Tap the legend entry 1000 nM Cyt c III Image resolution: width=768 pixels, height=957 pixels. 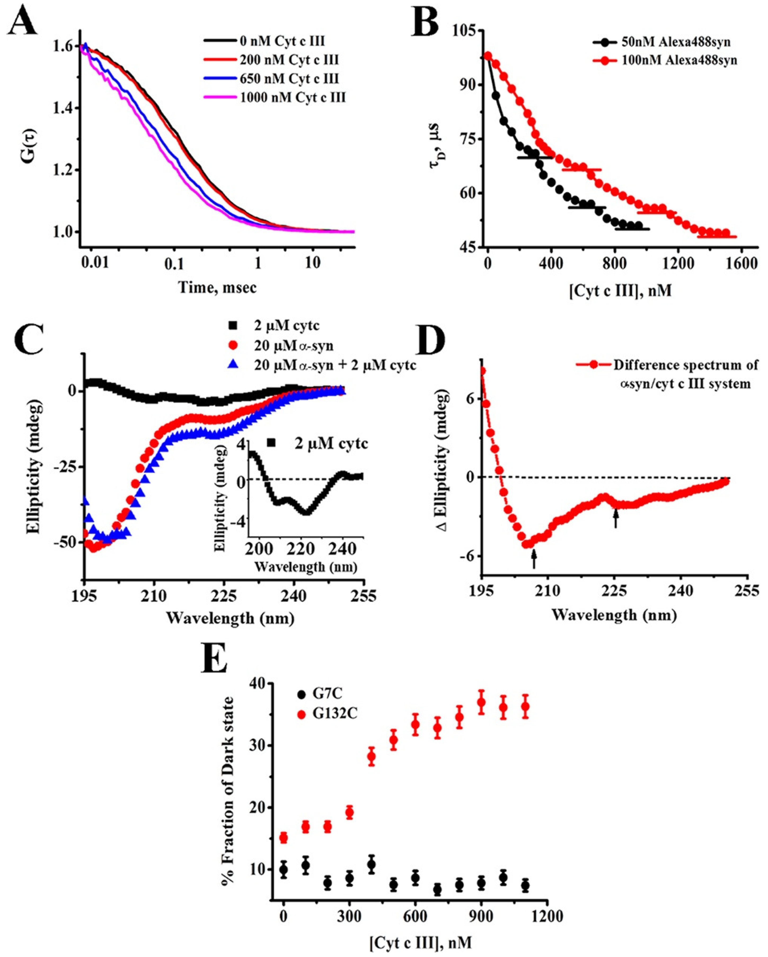pyautogui.click(x=293, y=97)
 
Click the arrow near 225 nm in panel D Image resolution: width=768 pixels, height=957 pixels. pyautogui.click(x=615, y=518)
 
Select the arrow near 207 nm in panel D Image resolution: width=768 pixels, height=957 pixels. pyautogui.click(x=534, y=558)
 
